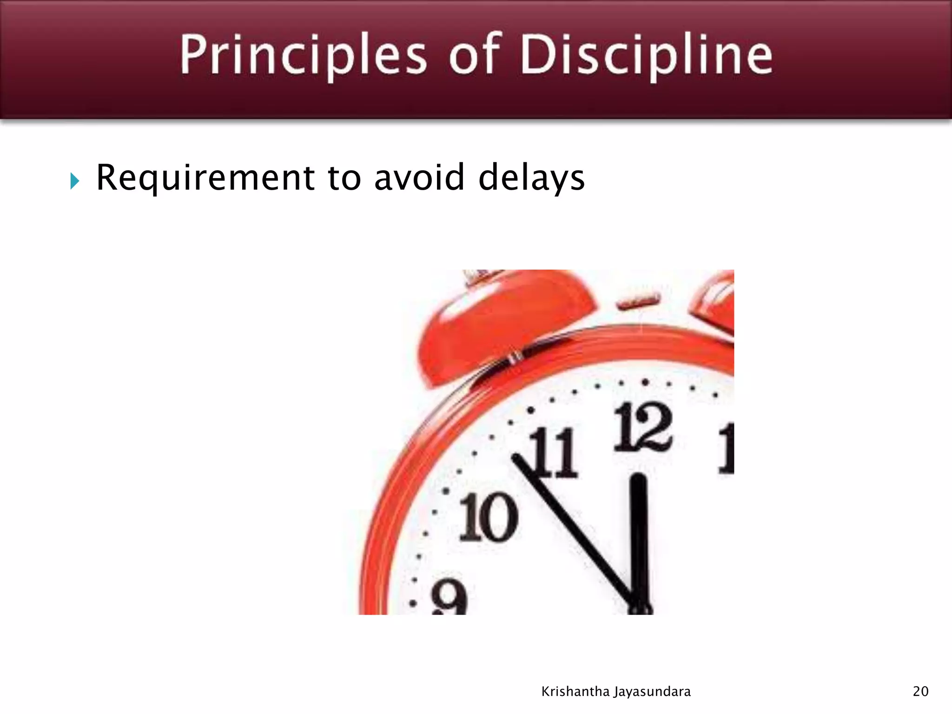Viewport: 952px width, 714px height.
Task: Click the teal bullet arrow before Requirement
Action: [74, 181]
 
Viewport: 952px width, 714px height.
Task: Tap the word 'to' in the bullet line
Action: [344, 178]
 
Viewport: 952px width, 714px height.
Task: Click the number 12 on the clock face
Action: [643, 428]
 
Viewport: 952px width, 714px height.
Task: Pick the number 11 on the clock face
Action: [554, 453]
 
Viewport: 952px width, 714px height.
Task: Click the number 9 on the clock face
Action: [449, 599]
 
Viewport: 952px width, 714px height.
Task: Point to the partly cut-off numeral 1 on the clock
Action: [726, 449]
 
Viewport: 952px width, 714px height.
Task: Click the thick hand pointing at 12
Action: [640, 539]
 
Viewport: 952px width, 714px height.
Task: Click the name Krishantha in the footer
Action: [575, 692]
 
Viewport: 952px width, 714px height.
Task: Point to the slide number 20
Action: [920, 692]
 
